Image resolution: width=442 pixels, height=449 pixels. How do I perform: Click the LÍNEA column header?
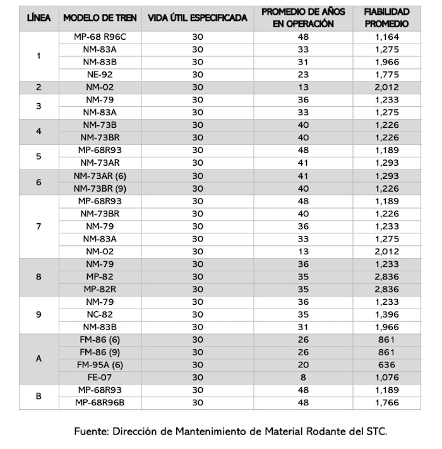[39, 18]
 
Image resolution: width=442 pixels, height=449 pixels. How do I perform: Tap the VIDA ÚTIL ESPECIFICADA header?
[198, 18]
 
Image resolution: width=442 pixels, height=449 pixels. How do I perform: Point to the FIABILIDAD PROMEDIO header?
[386, 18]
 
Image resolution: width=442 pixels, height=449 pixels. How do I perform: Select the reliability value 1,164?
[386, 37]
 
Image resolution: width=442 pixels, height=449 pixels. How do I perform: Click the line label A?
[39, 359]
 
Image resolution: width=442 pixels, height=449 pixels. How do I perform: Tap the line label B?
[39, 397]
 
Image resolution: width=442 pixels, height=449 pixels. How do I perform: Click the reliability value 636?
[386, 365]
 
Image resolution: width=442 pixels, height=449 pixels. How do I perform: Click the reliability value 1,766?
[386, 403]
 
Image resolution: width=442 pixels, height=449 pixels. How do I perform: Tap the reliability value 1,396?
[386, 314]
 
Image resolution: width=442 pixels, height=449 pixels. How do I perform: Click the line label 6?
[39, 182]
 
